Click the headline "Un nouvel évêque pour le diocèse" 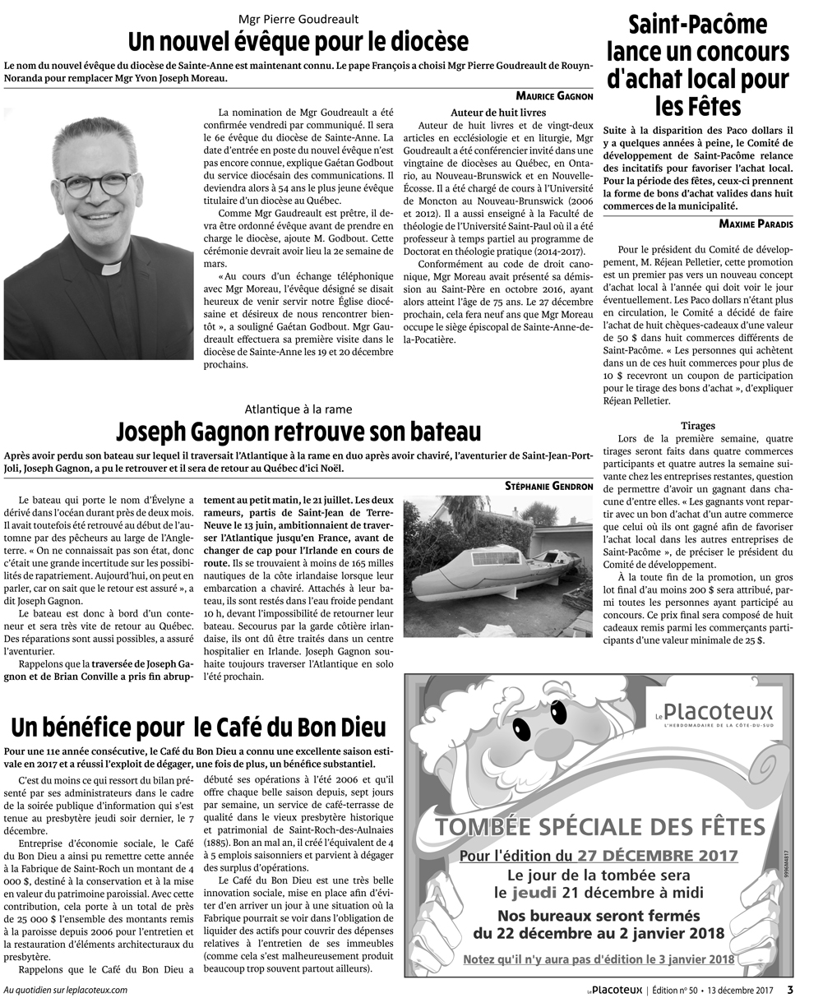[298, 41]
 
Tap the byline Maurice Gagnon [554, 96]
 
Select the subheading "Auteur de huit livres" [498, 112]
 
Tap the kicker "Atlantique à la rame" [298, 409]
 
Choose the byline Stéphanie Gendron [548, 486]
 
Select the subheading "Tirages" [697, 426]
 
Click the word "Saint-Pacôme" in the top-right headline [697, 24]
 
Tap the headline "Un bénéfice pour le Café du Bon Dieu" [198, 727]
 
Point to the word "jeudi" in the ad [536, 893]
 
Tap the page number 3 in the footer [790, 989]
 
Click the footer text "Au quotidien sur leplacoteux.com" [66, 990]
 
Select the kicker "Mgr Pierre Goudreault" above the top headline [298, 18]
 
